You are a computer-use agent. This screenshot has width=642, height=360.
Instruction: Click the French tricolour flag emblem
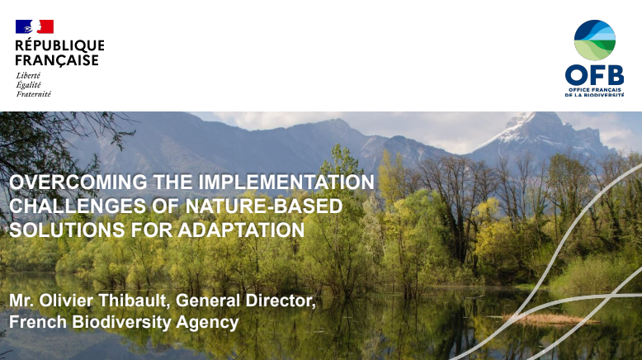point(35,26)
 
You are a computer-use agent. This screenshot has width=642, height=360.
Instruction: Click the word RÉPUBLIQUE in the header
point(60,45)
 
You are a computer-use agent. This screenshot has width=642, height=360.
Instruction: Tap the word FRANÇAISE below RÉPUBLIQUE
point(57,60)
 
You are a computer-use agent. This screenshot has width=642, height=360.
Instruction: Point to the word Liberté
point(28,75)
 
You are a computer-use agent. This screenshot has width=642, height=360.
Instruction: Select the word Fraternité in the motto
point(33,93)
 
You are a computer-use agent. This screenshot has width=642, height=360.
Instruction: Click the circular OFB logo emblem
point(594,40)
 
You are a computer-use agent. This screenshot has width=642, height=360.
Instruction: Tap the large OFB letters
point(594,75)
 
